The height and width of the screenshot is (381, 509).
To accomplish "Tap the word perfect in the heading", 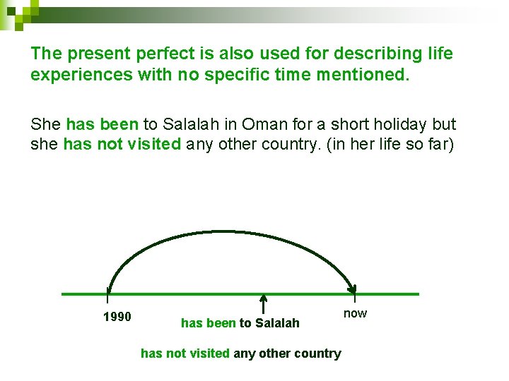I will pyautogui.click(x=148, y=54).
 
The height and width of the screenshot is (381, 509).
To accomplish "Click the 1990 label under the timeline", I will pyautogui.click(x=117, y=317).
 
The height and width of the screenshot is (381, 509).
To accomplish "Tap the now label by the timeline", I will pyautogui.click(x=355, y=313).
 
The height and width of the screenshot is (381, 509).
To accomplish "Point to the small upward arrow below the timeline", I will pyautogui.click(x=262, y=303).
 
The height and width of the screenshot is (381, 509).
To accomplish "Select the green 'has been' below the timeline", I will pyautogui.click(x=209, y=323).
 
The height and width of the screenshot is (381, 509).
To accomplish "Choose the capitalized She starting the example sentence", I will pyautogui.click(x=46, y=125).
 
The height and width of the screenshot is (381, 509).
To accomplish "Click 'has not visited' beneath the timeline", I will pyautogui.click(x=185, y=353).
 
